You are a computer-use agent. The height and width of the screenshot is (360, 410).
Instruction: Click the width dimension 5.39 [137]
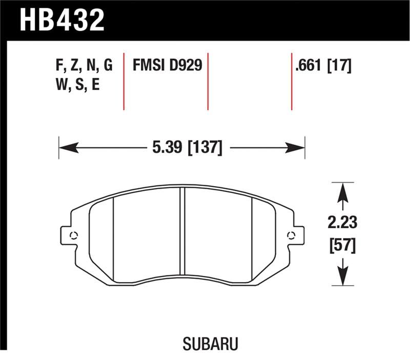[187, 148]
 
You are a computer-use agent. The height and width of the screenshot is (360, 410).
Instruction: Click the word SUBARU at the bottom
[205, 342]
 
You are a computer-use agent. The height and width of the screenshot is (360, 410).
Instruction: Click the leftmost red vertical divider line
[124, 81]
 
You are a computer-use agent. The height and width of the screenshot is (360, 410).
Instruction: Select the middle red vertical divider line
[208, 81]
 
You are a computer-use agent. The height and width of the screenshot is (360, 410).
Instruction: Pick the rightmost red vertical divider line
[292, 81]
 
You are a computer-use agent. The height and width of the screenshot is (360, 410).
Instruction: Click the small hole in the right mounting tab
[292, 235]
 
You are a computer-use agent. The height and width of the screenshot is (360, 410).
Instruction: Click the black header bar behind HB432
[256, 21]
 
